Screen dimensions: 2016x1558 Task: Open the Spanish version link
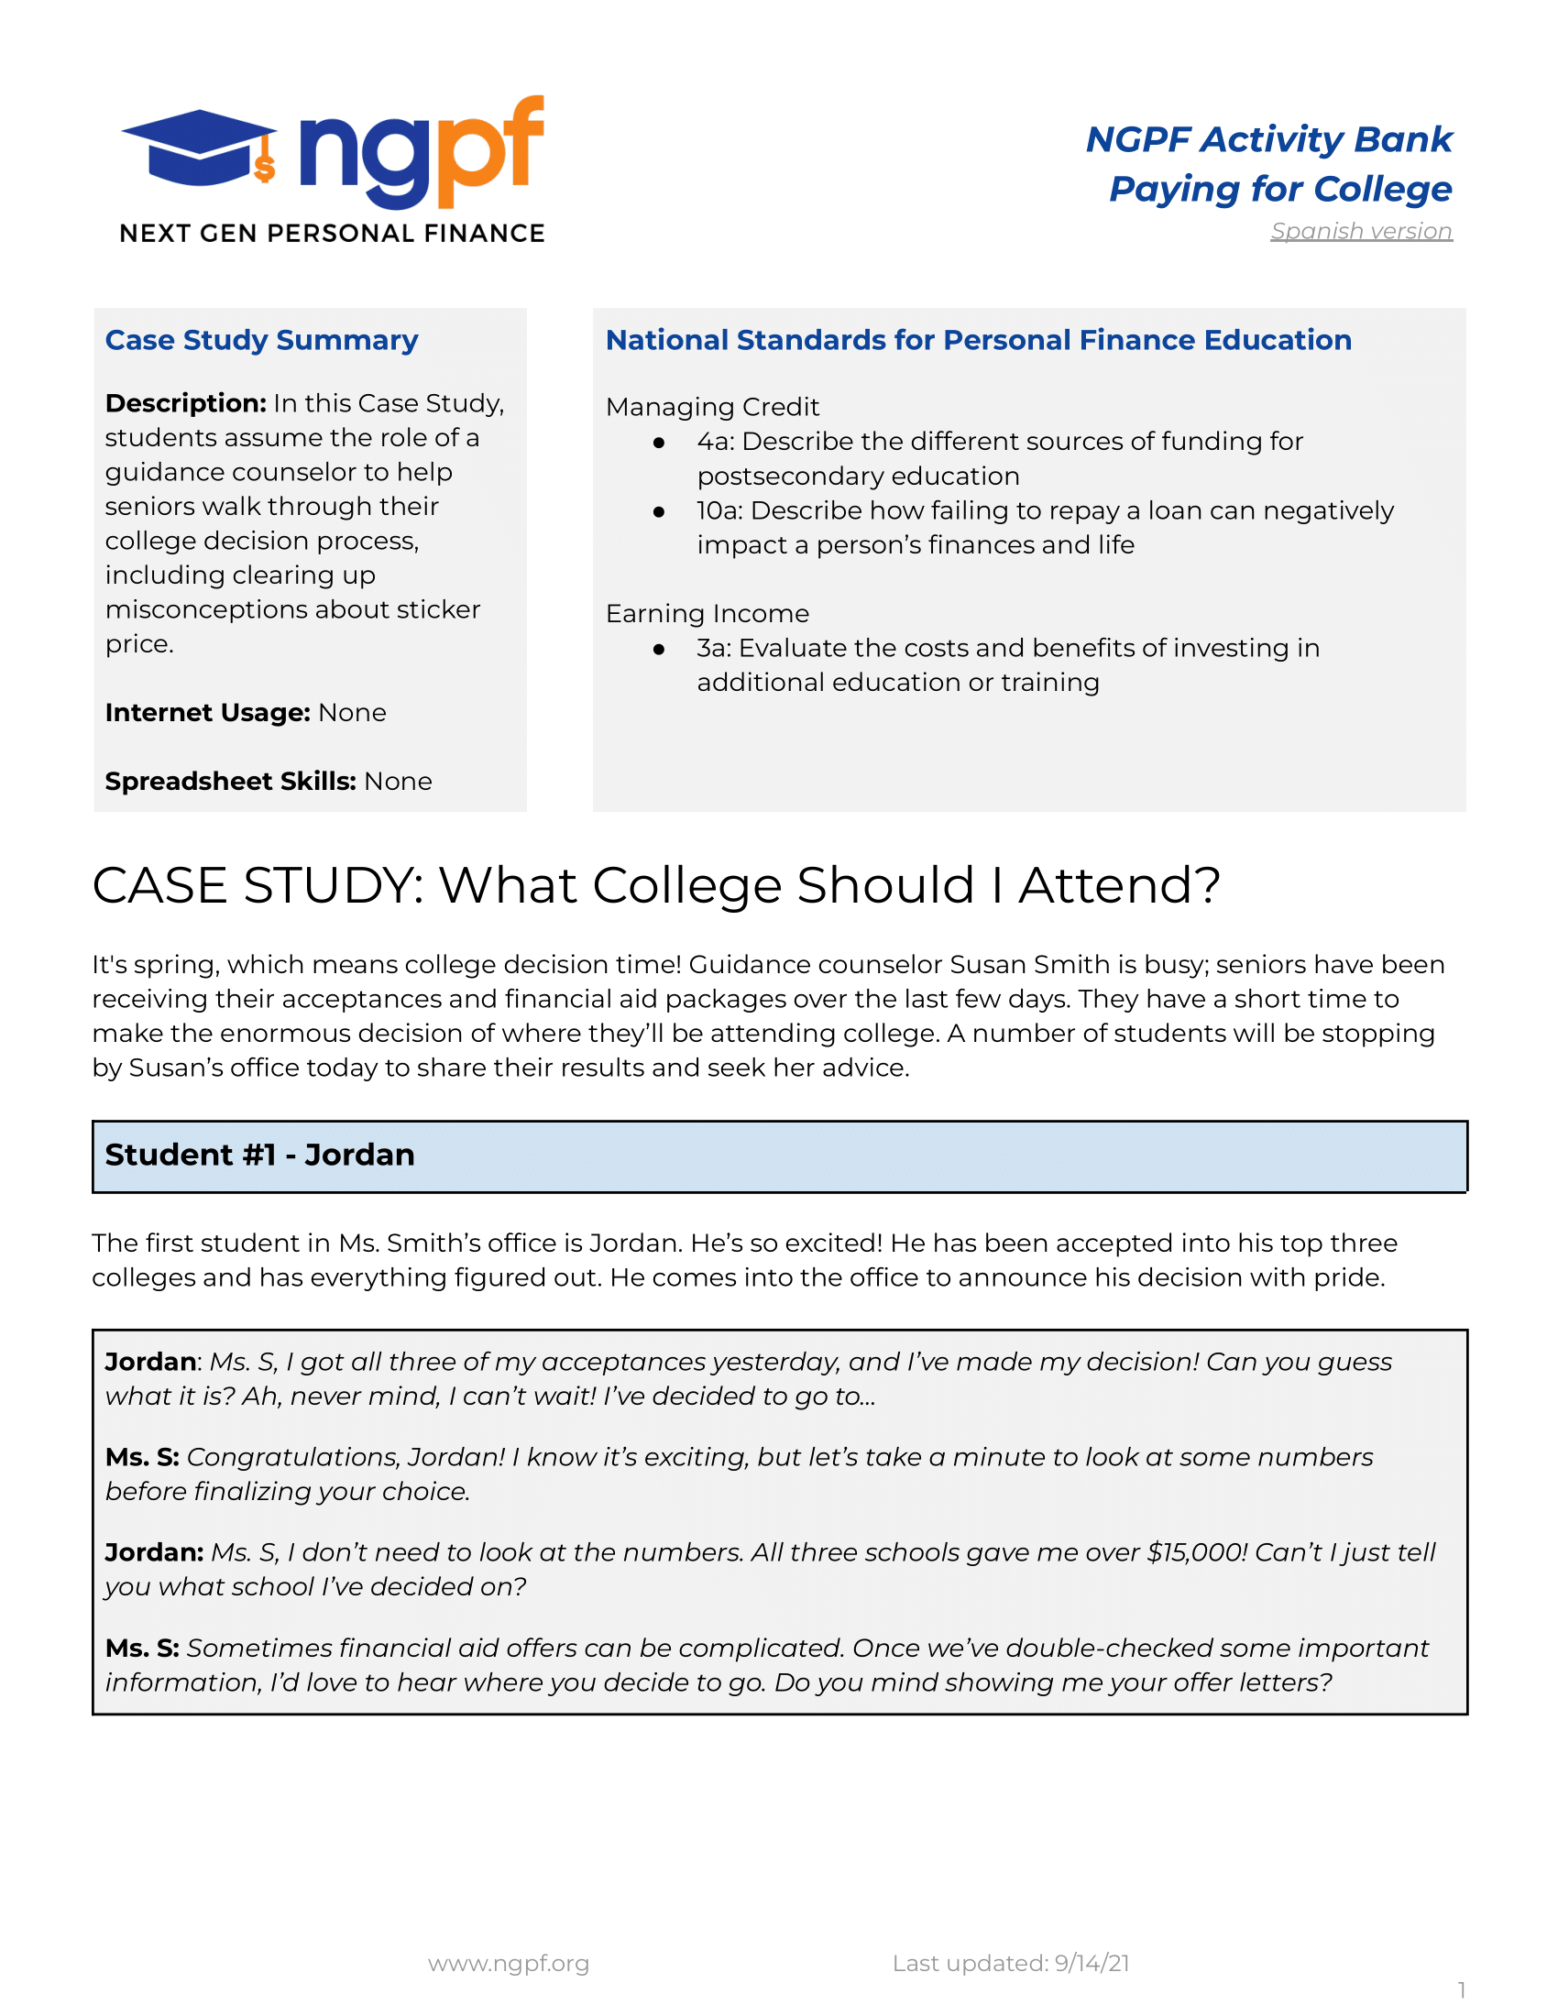(1360, 231)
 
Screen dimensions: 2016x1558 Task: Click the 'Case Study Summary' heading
(261, 340)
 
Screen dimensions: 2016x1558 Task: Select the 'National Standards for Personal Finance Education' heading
(978, 340)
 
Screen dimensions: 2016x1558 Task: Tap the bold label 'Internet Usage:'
(208, 713)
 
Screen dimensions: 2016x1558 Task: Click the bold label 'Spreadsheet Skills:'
(231, 781)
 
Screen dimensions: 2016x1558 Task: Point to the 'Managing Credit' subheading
(711, 407)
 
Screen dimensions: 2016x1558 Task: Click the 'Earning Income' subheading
(707, 614)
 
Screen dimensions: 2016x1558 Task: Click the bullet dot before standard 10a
(659, 511)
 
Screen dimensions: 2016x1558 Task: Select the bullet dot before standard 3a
(659, 649)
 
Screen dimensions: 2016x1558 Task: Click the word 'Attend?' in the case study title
(1119, 886)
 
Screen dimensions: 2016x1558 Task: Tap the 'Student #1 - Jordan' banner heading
(260, 1155)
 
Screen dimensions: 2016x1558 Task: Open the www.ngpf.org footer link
(509, 1964)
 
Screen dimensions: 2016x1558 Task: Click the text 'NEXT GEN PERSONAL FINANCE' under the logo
(333, 234)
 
